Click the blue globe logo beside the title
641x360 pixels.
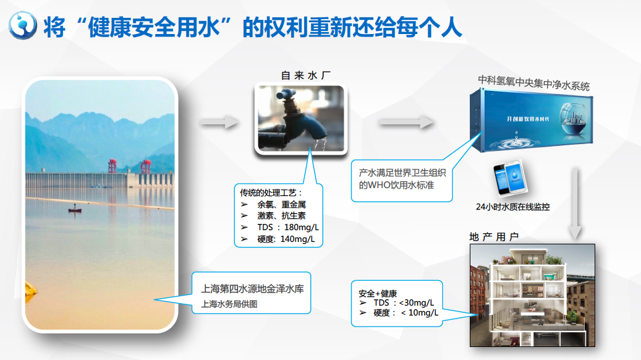click(x=23, y=25)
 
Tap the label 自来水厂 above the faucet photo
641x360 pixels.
click(x=306, y=75)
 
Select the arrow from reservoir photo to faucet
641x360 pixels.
click(x=219, y=122)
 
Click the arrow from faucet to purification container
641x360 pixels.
click(x=405, y=122)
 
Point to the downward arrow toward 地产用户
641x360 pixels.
click(x=575, y=204)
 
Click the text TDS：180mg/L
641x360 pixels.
click(x=288, y=228)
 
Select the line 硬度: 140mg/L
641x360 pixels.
click(x=286, y=239)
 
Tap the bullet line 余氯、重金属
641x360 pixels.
click(x=281, y=205)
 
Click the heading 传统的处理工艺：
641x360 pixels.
click(x=271, y=193)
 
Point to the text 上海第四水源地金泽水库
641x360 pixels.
click(x=252, y=289)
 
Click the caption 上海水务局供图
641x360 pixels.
click(x=229, y=304)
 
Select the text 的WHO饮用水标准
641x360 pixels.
click(x=396, y=185)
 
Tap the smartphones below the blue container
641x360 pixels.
click(x=510, y=178)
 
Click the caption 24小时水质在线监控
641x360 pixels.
click(x=512, y=207)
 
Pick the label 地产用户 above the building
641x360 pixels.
click(x=494, y=237)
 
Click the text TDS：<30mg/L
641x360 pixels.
click(x=404, y=302)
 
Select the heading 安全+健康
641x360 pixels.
click(x=378, y=293)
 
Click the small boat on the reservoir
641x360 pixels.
click(x=74, y=210)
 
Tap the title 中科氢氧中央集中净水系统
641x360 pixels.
click(x=534, y=83)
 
